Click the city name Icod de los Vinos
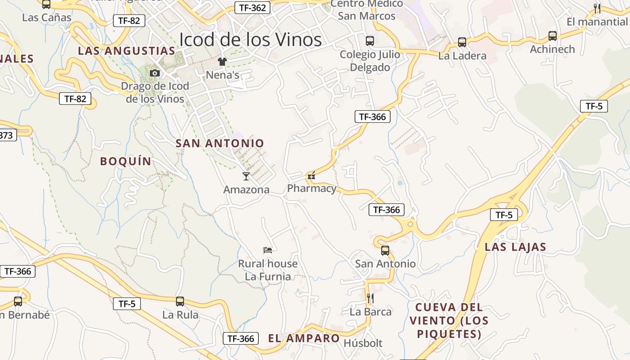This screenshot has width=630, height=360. point(250,40)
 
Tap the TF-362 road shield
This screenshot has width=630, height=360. point(252,7)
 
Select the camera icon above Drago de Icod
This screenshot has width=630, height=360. point(155,73)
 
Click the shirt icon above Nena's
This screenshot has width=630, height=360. point(222,61)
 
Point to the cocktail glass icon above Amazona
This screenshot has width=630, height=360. point(246,176)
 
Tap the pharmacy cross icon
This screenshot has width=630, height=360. point(311,176)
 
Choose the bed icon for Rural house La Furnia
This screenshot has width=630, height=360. point(268,250)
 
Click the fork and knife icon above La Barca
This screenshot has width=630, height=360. point(370,298)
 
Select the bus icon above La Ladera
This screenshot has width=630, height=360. point(462,42)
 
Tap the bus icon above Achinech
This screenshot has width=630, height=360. point(553,36)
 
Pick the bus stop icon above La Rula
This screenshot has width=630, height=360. point(180,301)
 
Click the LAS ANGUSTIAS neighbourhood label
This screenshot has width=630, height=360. point(126,51)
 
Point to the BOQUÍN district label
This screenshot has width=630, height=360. point(126,161)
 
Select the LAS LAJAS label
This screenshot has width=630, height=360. point(515,247)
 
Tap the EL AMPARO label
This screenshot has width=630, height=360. point(304,338)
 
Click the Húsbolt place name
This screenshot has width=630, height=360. point(363,343)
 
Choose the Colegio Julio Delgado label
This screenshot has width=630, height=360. point(370,61)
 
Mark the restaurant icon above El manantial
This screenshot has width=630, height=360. point(597,8)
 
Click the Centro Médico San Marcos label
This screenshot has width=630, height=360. point(367,10)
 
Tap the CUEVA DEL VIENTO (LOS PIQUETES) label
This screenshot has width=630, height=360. point(449,320)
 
